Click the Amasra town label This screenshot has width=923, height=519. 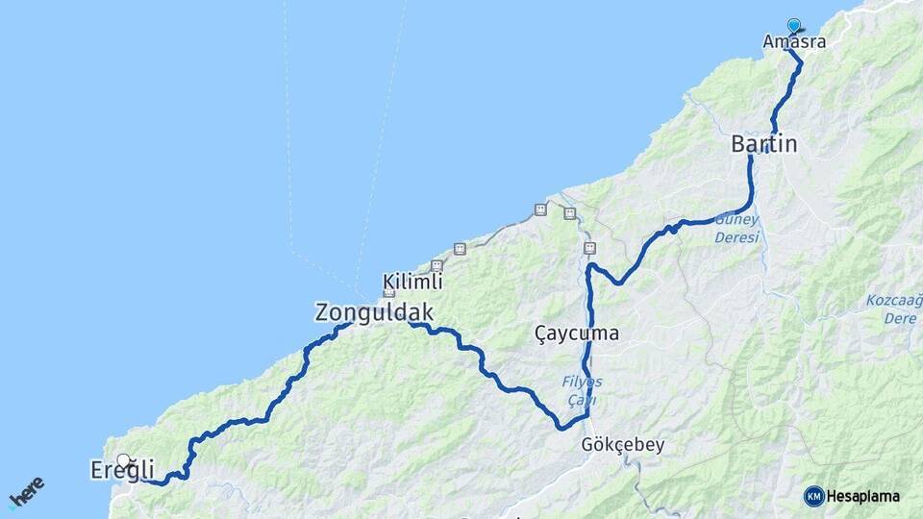pyautogui.click(x=793, y=42)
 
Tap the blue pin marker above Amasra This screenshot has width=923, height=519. pyautogui.click(x=793, y=26)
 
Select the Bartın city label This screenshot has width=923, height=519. pyautogui.click(x=764, y=144)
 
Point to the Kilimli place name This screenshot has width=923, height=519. pyautogui.click(x=412, y=282)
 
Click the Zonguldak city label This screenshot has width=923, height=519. pyautogui.click(x=374, y=312)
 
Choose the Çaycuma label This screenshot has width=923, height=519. pyautogui.click(x=576, y=334)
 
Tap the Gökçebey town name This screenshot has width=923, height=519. pyautogui.click(x=622, y=445)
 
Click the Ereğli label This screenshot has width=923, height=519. pyautogui.click(x=122, y=471)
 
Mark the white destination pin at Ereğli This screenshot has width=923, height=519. pyautogui.click(x=124, y=460)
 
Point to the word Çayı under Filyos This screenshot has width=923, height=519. pyautogui.click(x=581, y=399)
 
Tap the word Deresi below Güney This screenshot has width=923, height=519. pyautogui.click(x=737, y=236)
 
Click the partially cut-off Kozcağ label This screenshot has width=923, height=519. pyautogui.click(x=893, y=301)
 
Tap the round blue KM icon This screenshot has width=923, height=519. pyautogui.click(x=814, y=496)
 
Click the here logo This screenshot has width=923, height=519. pyautogui.click(x=26, y=493)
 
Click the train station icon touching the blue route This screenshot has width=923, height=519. pyautogui.click(x=589, y=248)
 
